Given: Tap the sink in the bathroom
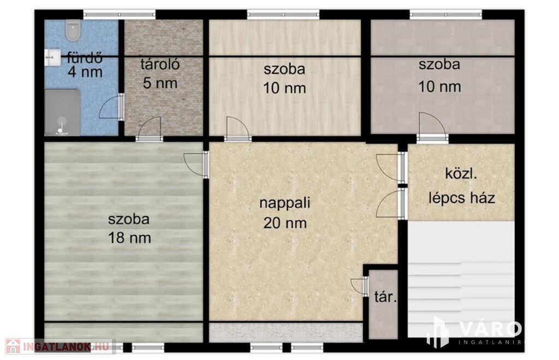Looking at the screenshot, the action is point(52,57).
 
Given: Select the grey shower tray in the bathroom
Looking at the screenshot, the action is point(62,112).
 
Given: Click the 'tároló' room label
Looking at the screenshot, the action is point(160,64).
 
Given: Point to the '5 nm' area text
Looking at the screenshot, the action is point(160,83).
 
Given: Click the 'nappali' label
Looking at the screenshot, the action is point(285,203).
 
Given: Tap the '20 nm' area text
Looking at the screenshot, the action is point(285,223).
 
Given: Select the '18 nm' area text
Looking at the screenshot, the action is point(129,238).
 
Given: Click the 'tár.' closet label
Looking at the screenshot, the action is point(385,296).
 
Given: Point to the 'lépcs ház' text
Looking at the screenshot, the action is point(462,197).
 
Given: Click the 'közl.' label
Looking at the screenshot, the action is point(461,174).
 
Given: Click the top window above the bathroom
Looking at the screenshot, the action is point(120,15).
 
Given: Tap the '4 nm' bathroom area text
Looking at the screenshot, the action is point(85,73).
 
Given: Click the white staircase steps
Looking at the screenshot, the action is point(461,279).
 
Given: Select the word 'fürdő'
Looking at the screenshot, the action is point(85,57).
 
